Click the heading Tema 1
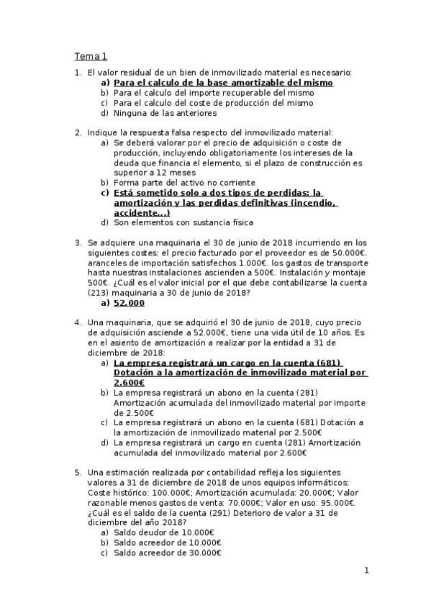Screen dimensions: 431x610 pyautogui.click(x=91, y=56)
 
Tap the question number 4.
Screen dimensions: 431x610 pyautogui.click(x=78, y=324)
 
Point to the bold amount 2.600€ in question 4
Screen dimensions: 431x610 pyautogui.click(x=130, y=383)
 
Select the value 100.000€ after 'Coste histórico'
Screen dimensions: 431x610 pyautogui.click(x=155, y=492)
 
